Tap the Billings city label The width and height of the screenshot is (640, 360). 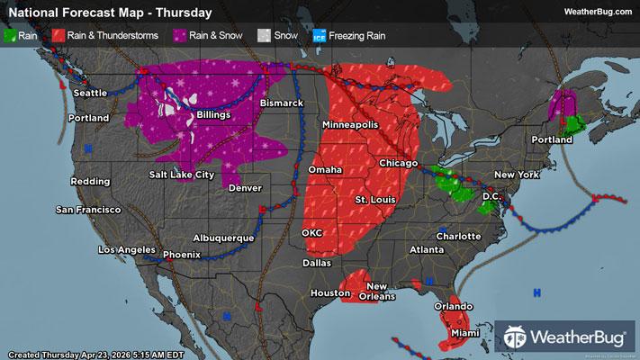[210, 115]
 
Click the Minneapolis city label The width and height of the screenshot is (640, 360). [350, 123]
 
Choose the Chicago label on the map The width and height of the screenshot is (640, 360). [398, 162]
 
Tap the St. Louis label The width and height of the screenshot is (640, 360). [374, 198]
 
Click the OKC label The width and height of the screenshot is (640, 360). [312, 232]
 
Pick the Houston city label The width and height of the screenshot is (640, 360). [329, 293]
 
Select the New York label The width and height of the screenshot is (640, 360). [516, 173]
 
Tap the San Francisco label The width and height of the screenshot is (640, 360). [87, 210]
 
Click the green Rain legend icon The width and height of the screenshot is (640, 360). [11, 37]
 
